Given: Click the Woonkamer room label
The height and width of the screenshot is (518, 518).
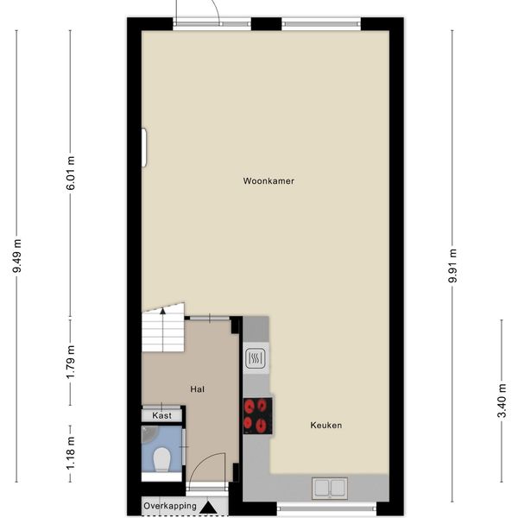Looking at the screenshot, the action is tap(268, 181).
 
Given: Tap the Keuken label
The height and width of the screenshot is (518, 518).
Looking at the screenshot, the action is tap(326, 425).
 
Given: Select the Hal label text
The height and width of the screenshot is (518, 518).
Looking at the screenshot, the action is tap(197, 389).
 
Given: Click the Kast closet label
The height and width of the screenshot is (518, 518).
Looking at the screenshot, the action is tap(162, 415).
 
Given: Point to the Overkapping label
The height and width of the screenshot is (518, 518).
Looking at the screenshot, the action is tap(170, 506).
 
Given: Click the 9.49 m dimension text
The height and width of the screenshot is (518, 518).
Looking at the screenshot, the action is tap(16, 256).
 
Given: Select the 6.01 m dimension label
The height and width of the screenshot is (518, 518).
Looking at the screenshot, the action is tap(70, 173).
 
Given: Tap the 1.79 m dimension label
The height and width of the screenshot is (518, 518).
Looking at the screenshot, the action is tap(70, 362).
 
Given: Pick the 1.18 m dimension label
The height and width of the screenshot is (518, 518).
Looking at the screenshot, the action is tap(70, 453).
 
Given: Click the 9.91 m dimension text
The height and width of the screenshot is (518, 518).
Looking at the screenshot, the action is tap(452, 266).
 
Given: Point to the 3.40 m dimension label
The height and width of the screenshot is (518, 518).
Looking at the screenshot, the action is tap(502, 401).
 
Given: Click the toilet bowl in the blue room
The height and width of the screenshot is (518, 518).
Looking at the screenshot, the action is tap(162, 459).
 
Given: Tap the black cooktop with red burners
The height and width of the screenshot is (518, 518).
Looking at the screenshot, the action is tap(257, 416).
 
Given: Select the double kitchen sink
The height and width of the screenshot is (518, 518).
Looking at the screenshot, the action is tap(330, 488).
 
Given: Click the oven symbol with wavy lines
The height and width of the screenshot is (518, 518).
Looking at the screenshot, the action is tap(255, 358).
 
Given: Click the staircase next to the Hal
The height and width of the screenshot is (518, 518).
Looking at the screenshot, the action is tap(163, 328).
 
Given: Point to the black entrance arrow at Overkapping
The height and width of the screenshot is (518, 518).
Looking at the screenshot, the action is tap(208, 508).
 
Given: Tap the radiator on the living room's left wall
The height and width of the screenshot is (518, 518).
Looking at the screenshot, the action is tap(144, 148).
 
